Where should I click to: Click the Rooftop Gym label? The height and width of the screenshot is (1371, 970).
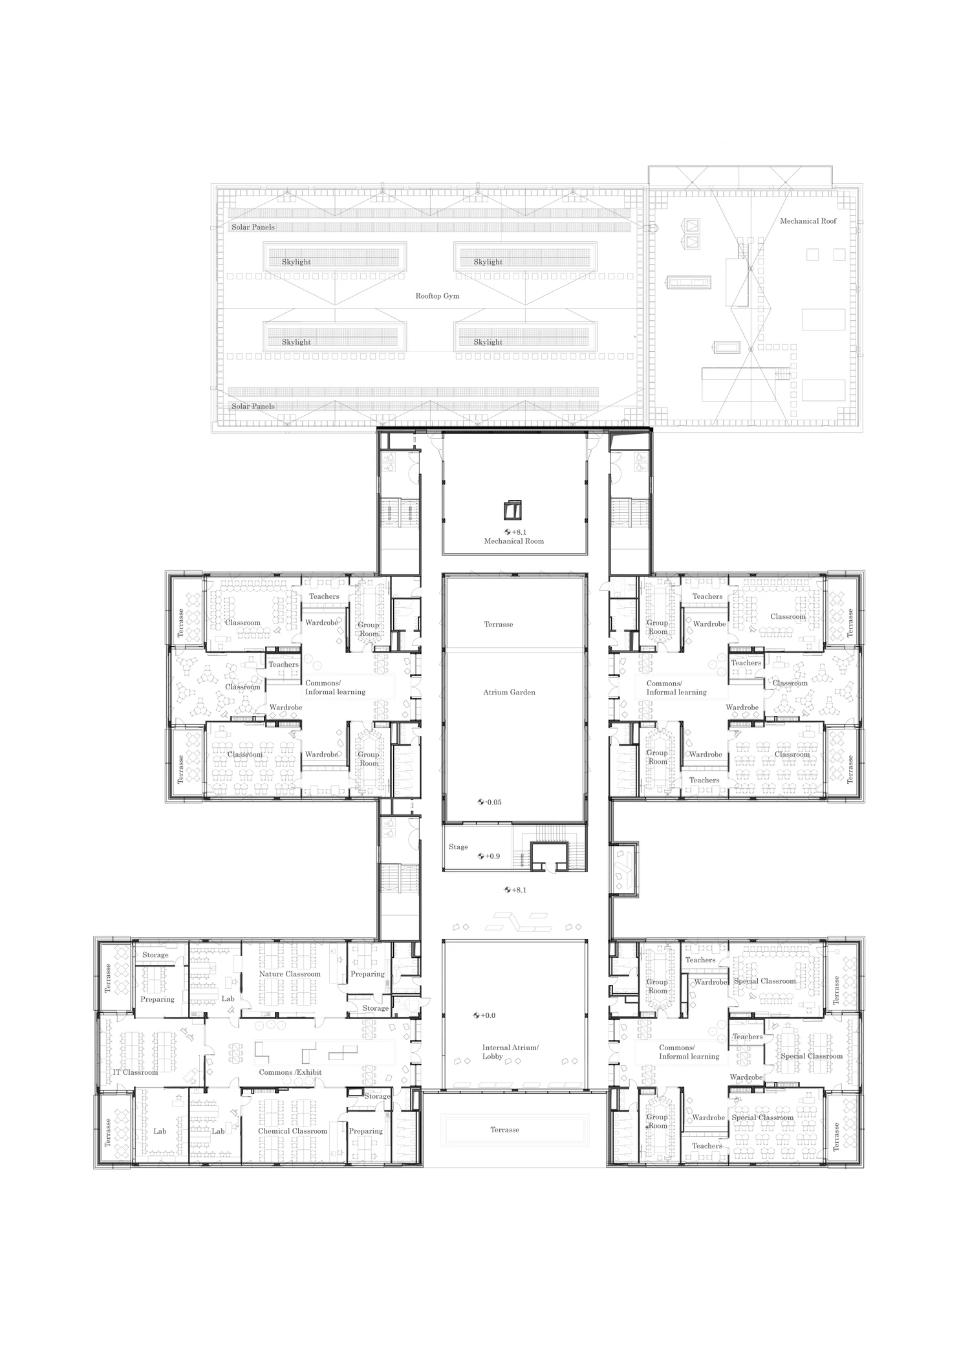click(437, 296)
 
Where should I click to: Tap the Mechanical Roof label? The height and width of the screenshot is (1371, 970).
click(808, 221)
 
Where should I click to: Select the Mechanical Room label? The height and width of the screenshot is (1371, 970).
click(514, 541)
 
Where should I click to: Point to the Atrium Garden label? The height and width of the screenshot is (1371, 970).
click(509, 693)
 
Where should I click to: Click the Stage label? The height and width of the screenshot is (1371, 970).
click(458, 847)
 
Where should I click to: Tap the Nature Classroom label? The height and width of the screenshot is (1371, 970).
click(290, 974)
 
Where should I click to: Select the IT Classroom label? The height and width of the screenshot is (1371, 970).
click(135, 1072)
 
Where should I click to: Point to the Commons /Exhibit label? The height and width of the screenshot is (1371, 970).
click(290, 1072)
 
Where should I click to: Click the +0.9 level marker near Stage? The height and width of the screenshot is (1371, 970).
click(489, 856)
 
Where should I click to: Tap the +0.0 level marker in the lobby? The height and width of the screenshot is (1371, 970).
click(484, 1015)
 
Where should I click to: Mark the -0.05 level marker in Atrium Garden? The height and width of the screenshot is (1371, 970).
click(490, 803)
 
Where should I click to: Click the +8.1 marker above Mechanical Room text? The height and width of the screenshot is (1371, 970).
click(515, 532)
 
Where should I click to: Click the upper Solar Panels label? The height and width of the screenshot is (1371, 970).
click(253, 228)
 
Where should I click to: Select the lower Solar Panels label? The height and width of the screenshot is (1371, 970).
click(253, 407)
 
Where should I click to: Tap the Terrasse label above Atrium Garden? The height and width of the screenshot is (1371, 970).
click(499, 625)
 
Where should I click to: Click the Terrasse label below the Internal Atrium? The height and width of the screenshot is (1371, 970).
click(504, 1130)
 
